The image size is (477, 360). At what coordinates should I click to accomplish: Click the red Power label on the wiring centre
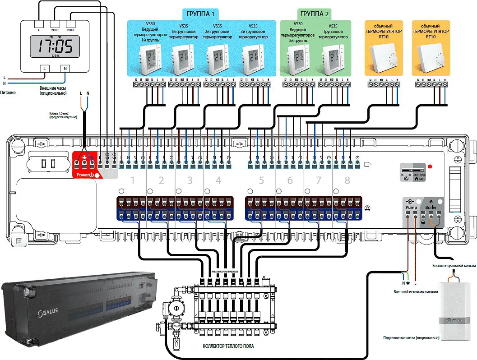pos(85,175)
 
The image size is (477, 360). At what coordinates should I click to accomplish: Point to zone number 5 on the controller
pos(261,181)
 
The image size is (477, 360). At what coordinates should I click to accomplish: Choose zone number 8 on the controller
pos(347,181)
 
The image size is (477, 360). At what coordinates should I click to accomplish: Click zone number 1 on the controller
pos(133,181)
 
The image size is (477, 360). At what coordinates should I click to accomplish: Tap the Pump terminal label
pos(411,207)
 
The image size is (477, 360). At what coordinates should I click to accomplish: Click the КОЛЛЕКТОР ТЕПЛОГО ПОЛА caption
pos(228,346)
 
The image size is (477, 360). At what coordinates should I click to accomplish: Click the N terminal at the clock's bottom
pos(65,68)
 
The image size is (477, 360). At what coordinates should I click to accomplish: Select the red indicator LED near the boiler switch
pos(430,166)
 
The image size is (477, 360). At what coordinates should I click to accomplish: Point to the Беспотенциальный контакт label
pos(454,266)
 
